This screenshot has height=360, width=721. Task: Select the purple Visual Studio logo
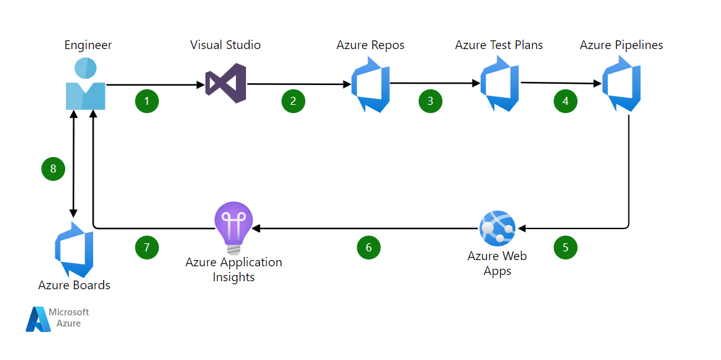click(x=225, y=83)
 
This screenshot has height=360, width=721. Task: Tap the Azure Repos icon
click(x=371, y=84)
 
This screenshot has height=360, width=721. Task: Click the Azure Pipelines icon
click(x=621, y=84)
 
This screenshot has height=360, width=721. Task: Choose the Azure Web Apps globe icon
click(x=497, y=228)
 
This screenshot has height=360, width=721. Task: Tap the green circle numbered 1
click(x=147, y=101)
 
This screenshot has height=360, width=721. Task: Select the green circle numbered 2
click(x=293, y=101)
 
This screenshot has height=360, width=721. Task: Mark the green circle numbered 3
click(x=430, y=101)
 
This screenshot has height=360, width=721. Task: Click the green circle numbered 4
click(x=565, y=101)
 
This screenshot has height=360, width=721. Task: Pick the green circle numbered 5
click(x=565, y=248)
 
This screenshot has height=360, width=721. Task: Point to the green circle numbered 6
click(x=368, y=248)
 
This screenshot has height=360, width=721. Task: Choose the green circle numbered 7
click(x=147, y=248)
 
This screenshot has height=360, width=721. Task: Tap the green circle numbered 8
click(x=53, y=169)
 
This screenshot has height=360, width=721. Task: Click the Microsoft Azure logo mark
click(x=38, y=319)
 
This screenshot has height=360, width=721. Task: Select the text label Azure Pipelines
click(x=621, y=45)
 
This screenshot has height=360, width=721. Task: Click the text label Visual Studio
click(x=225, y=45)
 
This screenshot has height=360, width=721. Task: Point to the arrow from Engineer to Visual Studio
click(x=155, y=84)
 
